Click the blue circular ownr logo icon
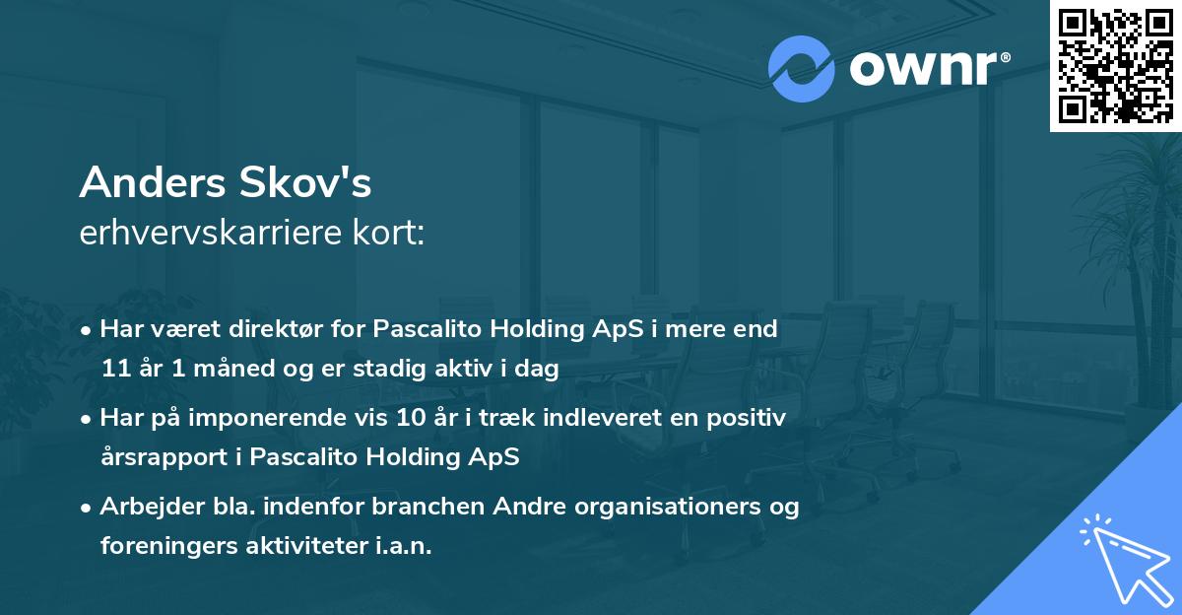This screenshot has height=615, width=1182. (802, 69)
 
